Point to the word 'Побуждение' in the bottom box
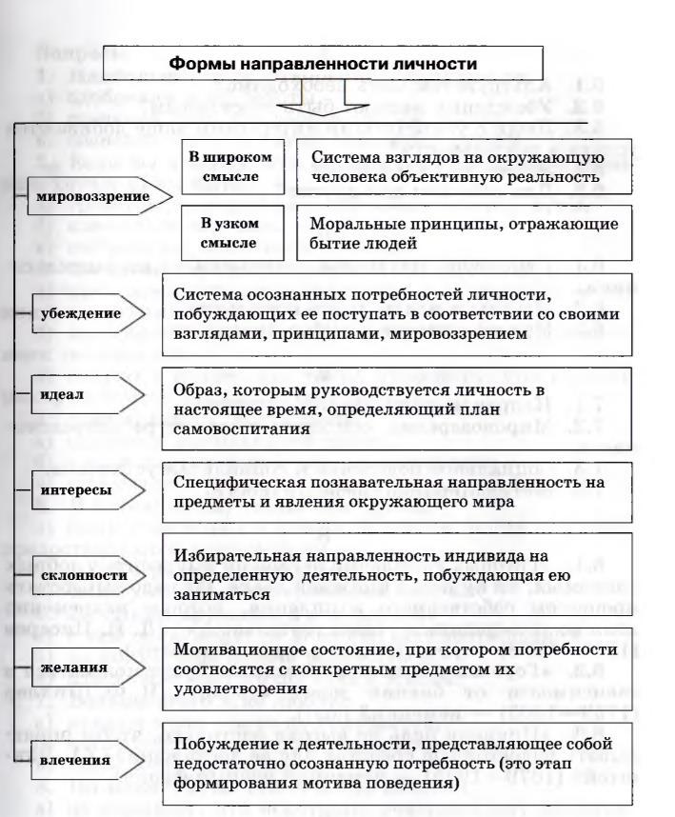(x=222, y=740)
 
